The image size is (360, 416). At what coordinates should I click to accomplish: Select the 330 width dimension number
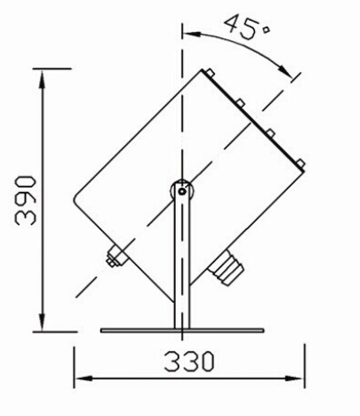tap(190, 361)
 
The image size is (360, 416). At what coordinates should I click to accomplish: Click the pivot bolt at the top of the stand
tap(182, 191)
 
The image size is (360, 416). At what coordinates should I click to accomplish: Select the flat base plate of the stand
tap(182, 329)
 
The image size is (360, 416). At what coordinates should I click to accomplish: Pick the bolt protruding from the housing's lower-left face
tap(115, 259)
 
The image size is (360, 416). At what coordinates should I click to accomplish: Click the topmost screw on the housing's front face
tap(210, 73)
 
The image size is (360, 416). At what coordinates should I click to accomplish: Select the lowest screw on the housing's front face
tap(300, 163)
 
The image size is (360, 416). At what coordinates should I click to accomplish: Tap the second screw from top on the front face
tap(240, 103)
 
